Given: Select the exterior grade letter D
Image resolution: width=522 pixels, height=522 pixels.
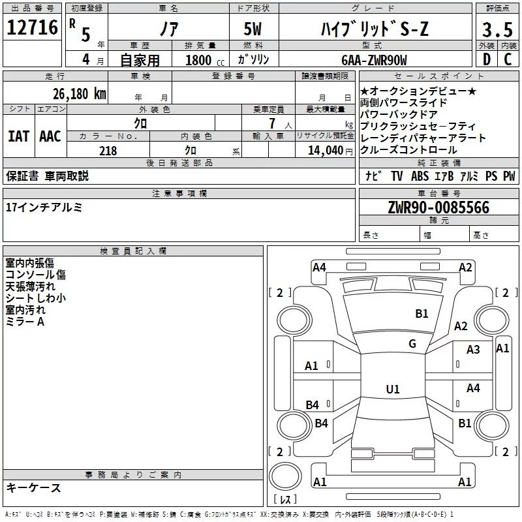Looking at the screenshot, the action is [486, 59].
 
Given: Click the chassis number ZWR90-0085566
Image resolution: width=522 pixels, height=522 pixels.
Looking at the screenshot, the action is [438, 207].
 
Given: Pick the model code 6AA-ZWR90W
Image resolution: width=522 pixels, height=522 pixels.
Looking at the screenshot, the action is [373, 59].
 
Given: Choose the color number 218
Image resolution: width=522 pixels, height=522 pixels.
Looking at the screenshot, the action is [108, 150].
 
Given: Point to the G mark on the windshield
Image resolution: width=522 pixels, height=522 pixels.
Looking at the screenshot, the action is [412, 344].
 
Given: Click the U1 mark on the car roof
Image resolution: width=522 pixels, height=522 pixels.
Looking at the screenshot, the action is [393, 390].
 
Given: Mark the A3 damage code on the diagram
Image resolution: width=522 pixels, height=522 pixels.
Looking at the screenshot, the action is [473, 350].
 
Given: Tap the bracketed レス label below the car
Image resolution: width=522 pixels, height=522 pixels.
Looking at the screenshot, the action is [285, 500].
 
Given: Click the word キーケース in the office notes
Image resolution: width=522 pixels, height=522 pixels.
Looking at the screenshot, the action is [33, 488].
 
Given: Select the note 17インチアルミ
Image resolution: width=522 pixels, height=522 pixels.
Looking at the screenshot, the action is [44, 207].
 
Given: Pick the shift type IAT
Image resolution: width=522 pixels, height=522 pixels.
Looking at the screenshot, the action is [19, 136].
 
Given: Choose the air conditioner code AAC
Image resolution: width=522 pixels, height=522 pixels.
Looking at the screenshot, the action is [50, 136].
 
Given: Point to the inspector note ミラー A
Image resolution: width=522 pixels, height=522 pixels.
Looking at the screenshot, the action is [25, 322].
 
